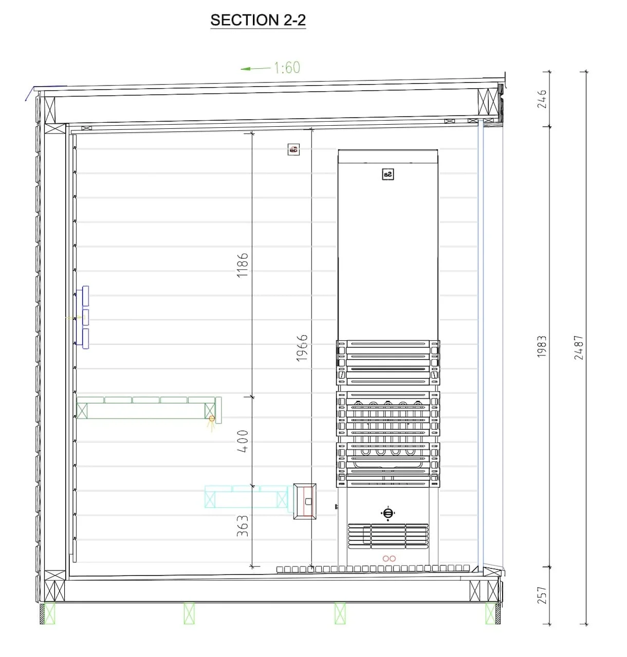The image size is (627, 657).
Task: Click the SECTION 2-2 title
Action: click(x=258, y=20)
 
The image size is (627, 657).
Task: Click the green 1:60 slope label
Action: click(x=287, y=68)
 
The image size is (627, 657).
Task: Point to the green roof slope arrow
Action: click(x=255, y=68)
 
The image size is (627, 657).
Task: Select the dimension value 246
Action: click(x=542, y=99)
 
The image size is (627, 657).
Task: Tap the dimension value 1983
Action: click(x=542, y=346)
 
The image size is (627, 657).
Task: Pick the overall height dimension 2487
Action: click(x=579, y=347)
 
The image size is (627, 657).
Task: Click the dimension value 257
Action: click(x=542, y=595)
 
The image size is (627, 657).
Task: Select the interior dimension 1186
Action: click(x=243, y=265)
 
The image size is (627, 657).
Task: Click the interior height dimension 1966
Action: click(x=302, y=347)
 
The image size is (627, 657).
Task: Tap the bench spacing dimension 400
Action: click(x=243, y=441)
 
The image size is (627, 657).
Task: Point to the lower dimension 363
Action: click(x=243, y=526)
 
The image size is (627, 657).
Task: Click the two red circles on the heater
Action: click(x=389, y=558)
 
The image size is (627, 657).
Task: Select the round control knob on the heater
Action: click(x=388, y=513)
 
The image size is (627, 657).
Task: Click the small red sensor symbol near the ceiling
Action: click(x=294, y=149)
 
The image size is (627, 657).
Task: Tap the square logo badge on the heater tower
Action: click(x=388, y=174)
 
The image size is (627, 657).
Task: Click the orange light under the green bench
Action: click(x=211, y=418)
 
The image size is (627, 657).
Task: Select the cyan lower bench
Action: click(x=246, y=497)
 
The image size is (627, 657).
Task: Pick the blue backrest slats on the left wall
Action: click(x=83, y=317)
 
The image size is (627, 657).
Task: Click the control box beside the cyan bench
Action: click(x=305, y=501)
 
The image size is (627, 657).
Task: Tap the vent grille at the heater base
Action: click(x=388, y=536)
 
